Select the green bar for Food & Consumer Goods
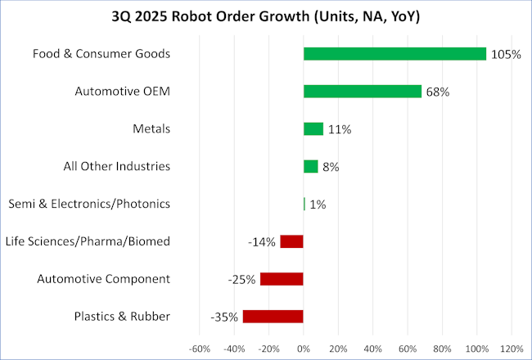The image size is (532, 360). (x=394, y=54)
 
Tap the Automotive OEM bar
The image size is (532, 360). (x=362, y=92)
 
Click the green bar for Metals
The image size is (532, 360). (x=313, y=129)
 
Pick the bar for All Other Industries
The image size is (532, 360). (x=310, y=167)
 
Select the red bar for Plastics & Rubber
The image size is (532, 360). (x=273, y=317)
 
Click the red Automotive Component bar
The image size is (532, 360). (x=282, y=279)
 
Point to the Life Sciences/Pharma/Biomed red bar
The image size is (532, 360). (x=291, y=241)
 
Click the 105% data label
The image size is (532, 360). (x=506, y=55)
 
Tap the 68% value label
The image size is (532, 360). (x=437, y=92)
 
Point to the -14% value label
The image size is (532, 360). (x=262, y=242)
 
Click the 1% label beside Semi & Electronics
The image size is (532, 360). (x=318, y=205)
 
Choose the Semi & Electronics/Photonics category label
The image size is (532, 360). (x=88, y=204)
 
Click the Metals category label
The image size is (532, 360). (x=151, y=128)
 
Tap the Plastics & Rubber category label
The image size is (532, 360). (x=122, y=316)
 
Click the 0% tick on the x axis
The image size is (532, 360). (x=304, y=348)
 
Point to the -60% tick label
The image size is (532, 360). (x=200, y=348)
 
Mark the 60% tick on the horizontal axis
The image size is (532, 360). (x=408, y=348)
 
